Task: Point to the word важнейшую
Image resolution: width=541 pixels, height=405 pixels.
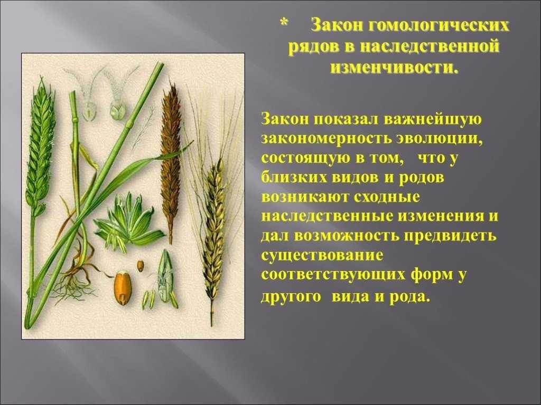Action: (432, 119)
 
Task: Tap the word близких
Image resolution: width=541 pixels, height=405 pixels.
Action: (293, 178)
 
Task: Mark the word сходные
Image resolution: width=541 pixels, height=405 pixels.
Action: (386, 198)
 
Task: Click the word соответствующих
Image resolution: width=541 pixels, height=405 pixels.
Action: (333, 275)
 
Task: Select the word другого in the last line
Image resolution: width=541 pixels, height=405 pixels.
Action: (291, 297)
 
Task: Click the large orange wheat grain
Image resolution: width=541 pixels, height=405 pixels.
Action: (123, 288)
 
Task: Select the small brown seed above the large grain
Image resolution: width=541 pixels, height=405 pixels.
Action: (140, 266)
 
